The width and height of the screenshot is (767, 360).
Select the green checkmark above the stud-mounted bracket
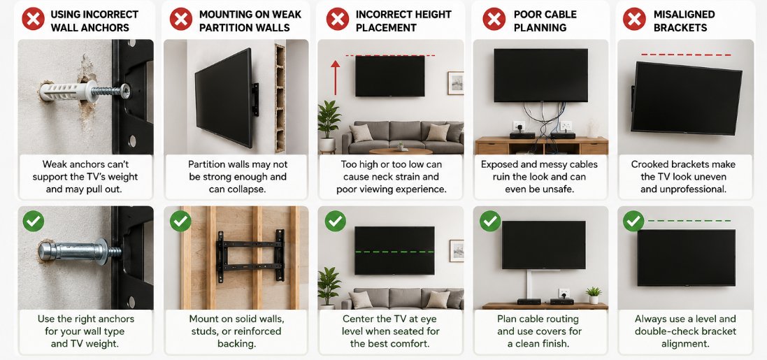coord(180,221)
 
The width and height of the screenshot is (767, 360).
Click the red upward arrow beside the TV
coord(335,78)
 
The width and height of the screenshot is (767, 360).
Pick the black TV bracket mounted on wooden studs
coord(250,256)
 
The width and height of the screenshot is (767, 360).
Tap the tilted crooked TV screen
coord(686,98)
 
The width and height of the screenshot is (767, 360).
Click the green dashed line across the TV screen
coord(394,252)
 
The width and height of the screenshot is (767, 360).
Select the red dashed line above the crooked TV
coord(686,55)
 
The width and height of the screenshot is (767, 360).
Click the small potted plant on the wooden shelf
coord(594,295)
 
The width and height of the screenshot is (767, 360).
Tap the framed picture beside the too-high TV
coord(455,82)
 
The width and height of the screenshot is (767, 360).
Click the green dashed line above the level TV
coord(689,221)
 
